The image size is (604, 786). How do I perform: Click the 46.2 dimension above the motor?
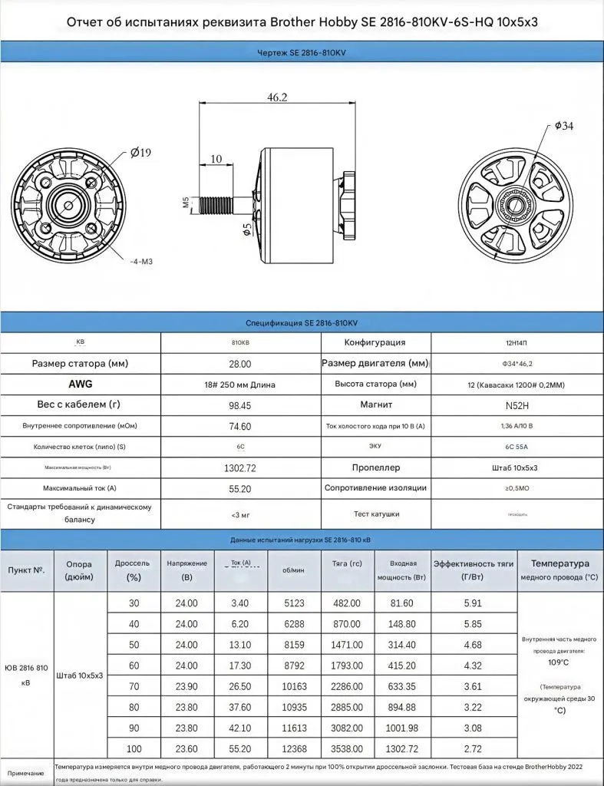[276, 97]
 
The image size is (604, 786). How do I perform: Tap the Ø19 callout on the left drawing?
[141, 153]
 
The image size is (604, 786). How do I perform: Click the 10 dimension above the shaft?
[216, 159]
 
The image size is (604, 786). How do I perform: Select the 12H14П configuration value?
[517, 342]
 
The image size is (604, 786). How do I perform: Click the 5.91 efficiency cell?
[474, 603]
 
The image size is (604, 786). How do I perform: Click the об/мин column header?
[293, 570]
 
